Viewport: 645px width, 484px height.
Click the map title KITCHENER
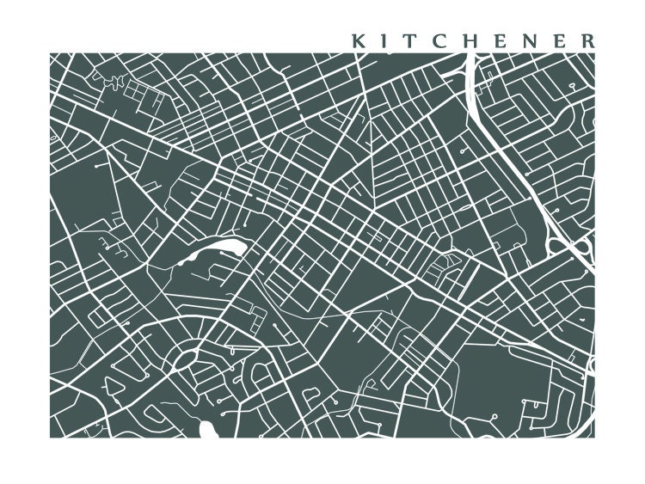471,40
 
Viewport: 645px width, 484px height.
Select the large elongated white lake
215,252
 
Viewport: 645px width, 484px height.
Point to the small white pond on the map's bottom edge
206,429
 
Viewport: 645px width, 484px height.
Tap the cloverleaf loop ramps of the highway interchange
581,248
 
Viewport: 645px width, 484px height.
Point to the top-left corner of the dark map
50,53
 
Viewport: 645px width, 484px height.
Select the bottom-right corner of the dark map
594,437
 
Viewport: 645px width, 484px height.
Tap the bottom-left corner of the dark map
50,437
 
